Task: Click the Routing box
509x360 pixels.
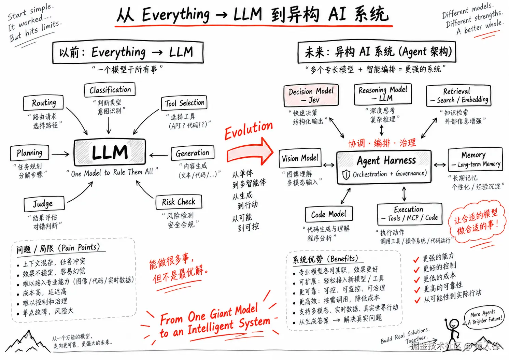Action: [x=43, y=103]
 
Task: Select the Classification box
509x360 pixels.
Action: [x=110, y=90]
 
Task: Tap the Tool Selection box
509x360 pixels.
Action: [x=184, y=103]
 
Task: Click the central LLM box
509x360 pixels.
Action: [x=110, y=152]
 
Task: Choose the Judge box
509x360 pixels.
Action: [x=44, y=203]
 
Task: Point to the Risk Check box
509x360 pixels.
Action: [x=179, y=202]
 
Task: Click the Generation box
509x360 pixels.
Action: [x=193, y=153]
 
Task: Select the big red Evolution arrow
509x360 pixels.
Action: [x=250, y=152]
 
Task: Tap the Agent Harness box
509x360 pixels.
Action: [x=384, y=167]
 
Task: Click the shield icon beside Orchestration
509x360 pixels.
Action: [x=346, y=175]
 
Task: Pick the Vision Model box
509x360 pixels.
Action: [x=300, y=158]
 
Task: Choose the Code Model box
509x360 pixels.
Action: [x=328, y=214]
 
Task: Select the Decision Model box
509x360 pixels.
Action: [x=311, y=95]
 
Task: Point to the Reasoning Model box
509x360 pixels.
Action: [x=383, y=94]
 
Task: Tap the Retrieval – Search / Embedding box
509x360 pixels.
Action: [x=458, y=96]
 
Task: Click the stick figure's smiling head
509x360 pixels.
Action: [x=454, y=322]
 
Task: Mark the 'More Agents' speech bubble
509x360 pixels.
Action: [x=484, y=317]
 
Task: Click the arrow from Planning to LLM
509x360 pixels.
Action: [x=60, y=154]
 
